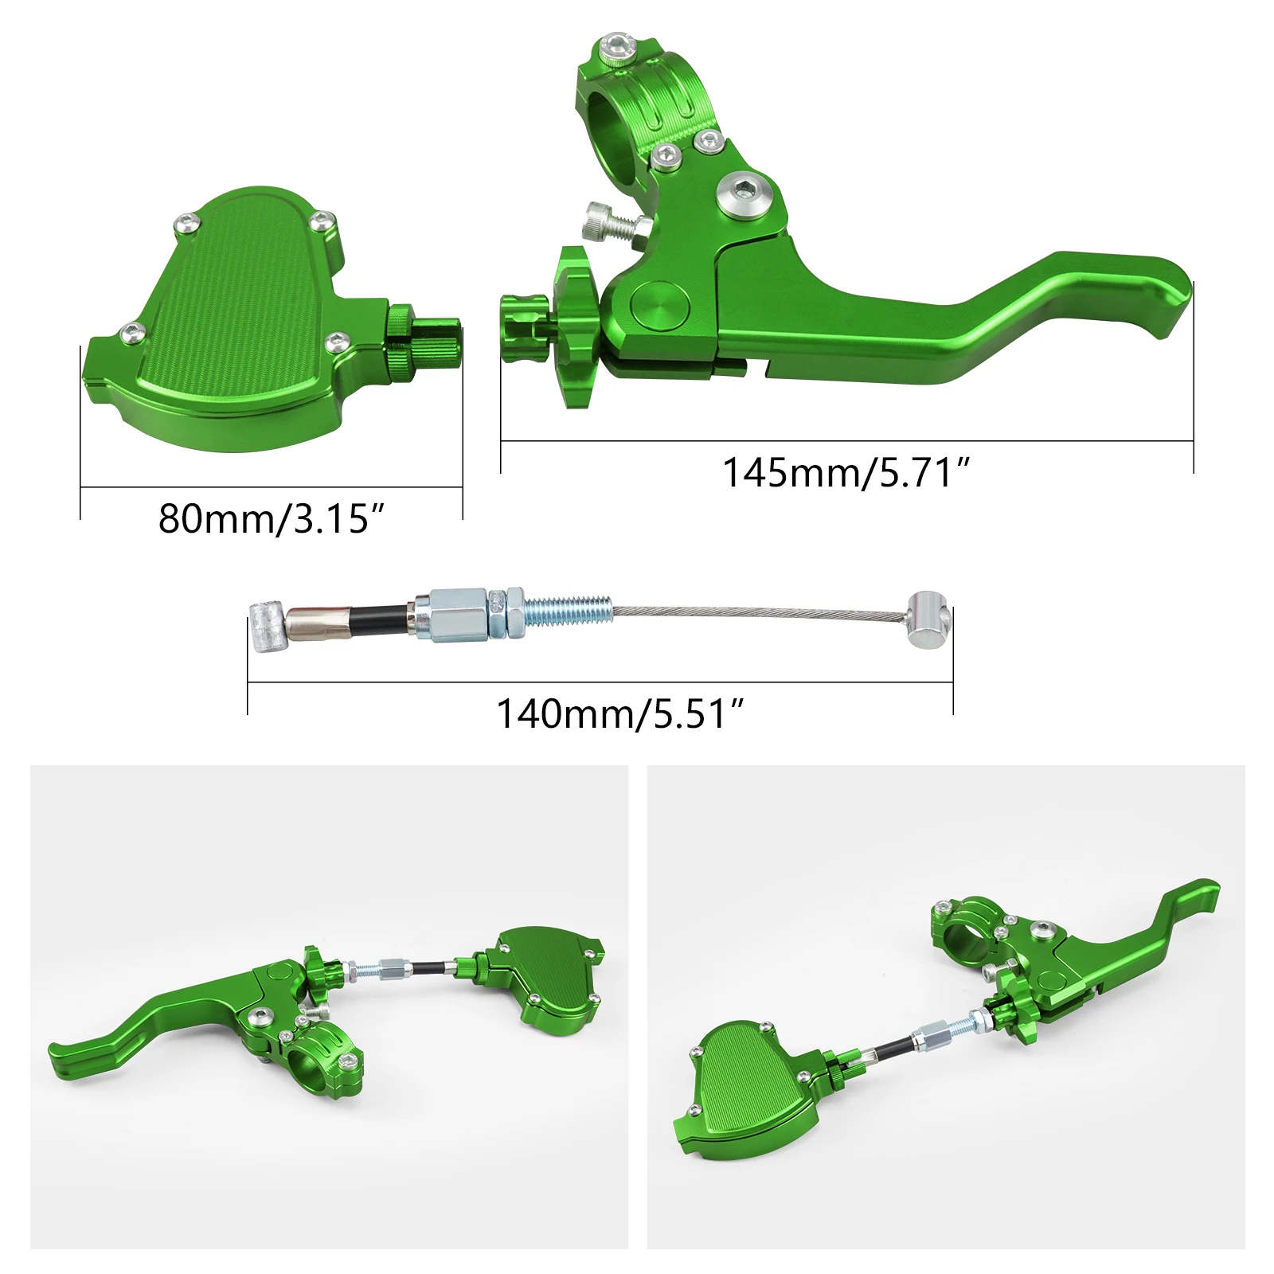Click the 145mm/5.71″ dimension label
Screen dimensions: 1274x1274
click(x=847, y=473)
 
